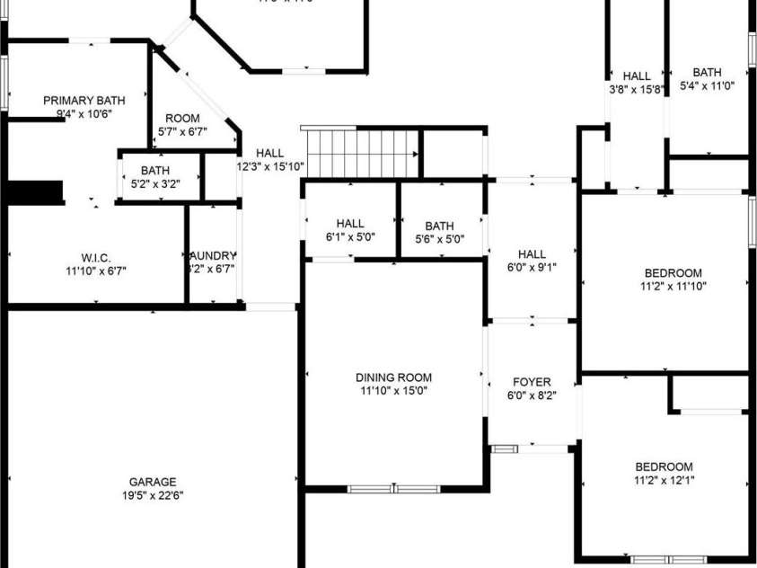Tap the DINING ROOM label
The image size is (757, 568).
[393, 377]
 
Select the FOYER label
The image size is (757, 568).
[532, 382]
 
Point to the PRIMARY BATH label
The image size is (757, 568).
[84, 101]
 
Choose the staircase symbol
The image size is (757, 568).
[363, 154]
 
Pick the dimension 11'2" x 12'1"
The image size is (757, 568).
[664, 480]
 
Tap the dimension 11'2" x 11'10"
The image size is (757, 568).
[673, 288]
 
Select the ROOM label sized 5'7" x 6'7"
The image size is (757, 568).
[182, 119]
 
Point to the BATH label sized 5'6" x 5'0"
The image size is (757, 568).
[439, 226]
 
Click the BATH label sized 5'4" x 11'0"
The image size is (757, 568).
[707, 73]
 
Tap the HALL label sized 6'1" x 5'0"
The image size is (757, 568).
[350, 224]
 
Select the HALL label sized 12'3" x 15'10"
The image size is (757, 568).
[269, 153]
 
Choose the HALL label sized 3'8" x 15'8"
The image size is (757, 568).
[636, 76]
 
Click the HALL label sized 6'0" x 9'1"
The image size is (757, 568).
[532, 254]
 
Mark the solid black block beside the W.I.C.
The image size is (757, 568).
[35, 192]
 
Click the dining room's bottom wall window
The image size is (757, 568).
[393, 489]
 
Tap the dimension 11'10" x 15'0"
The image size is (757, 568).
[393, 391]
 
